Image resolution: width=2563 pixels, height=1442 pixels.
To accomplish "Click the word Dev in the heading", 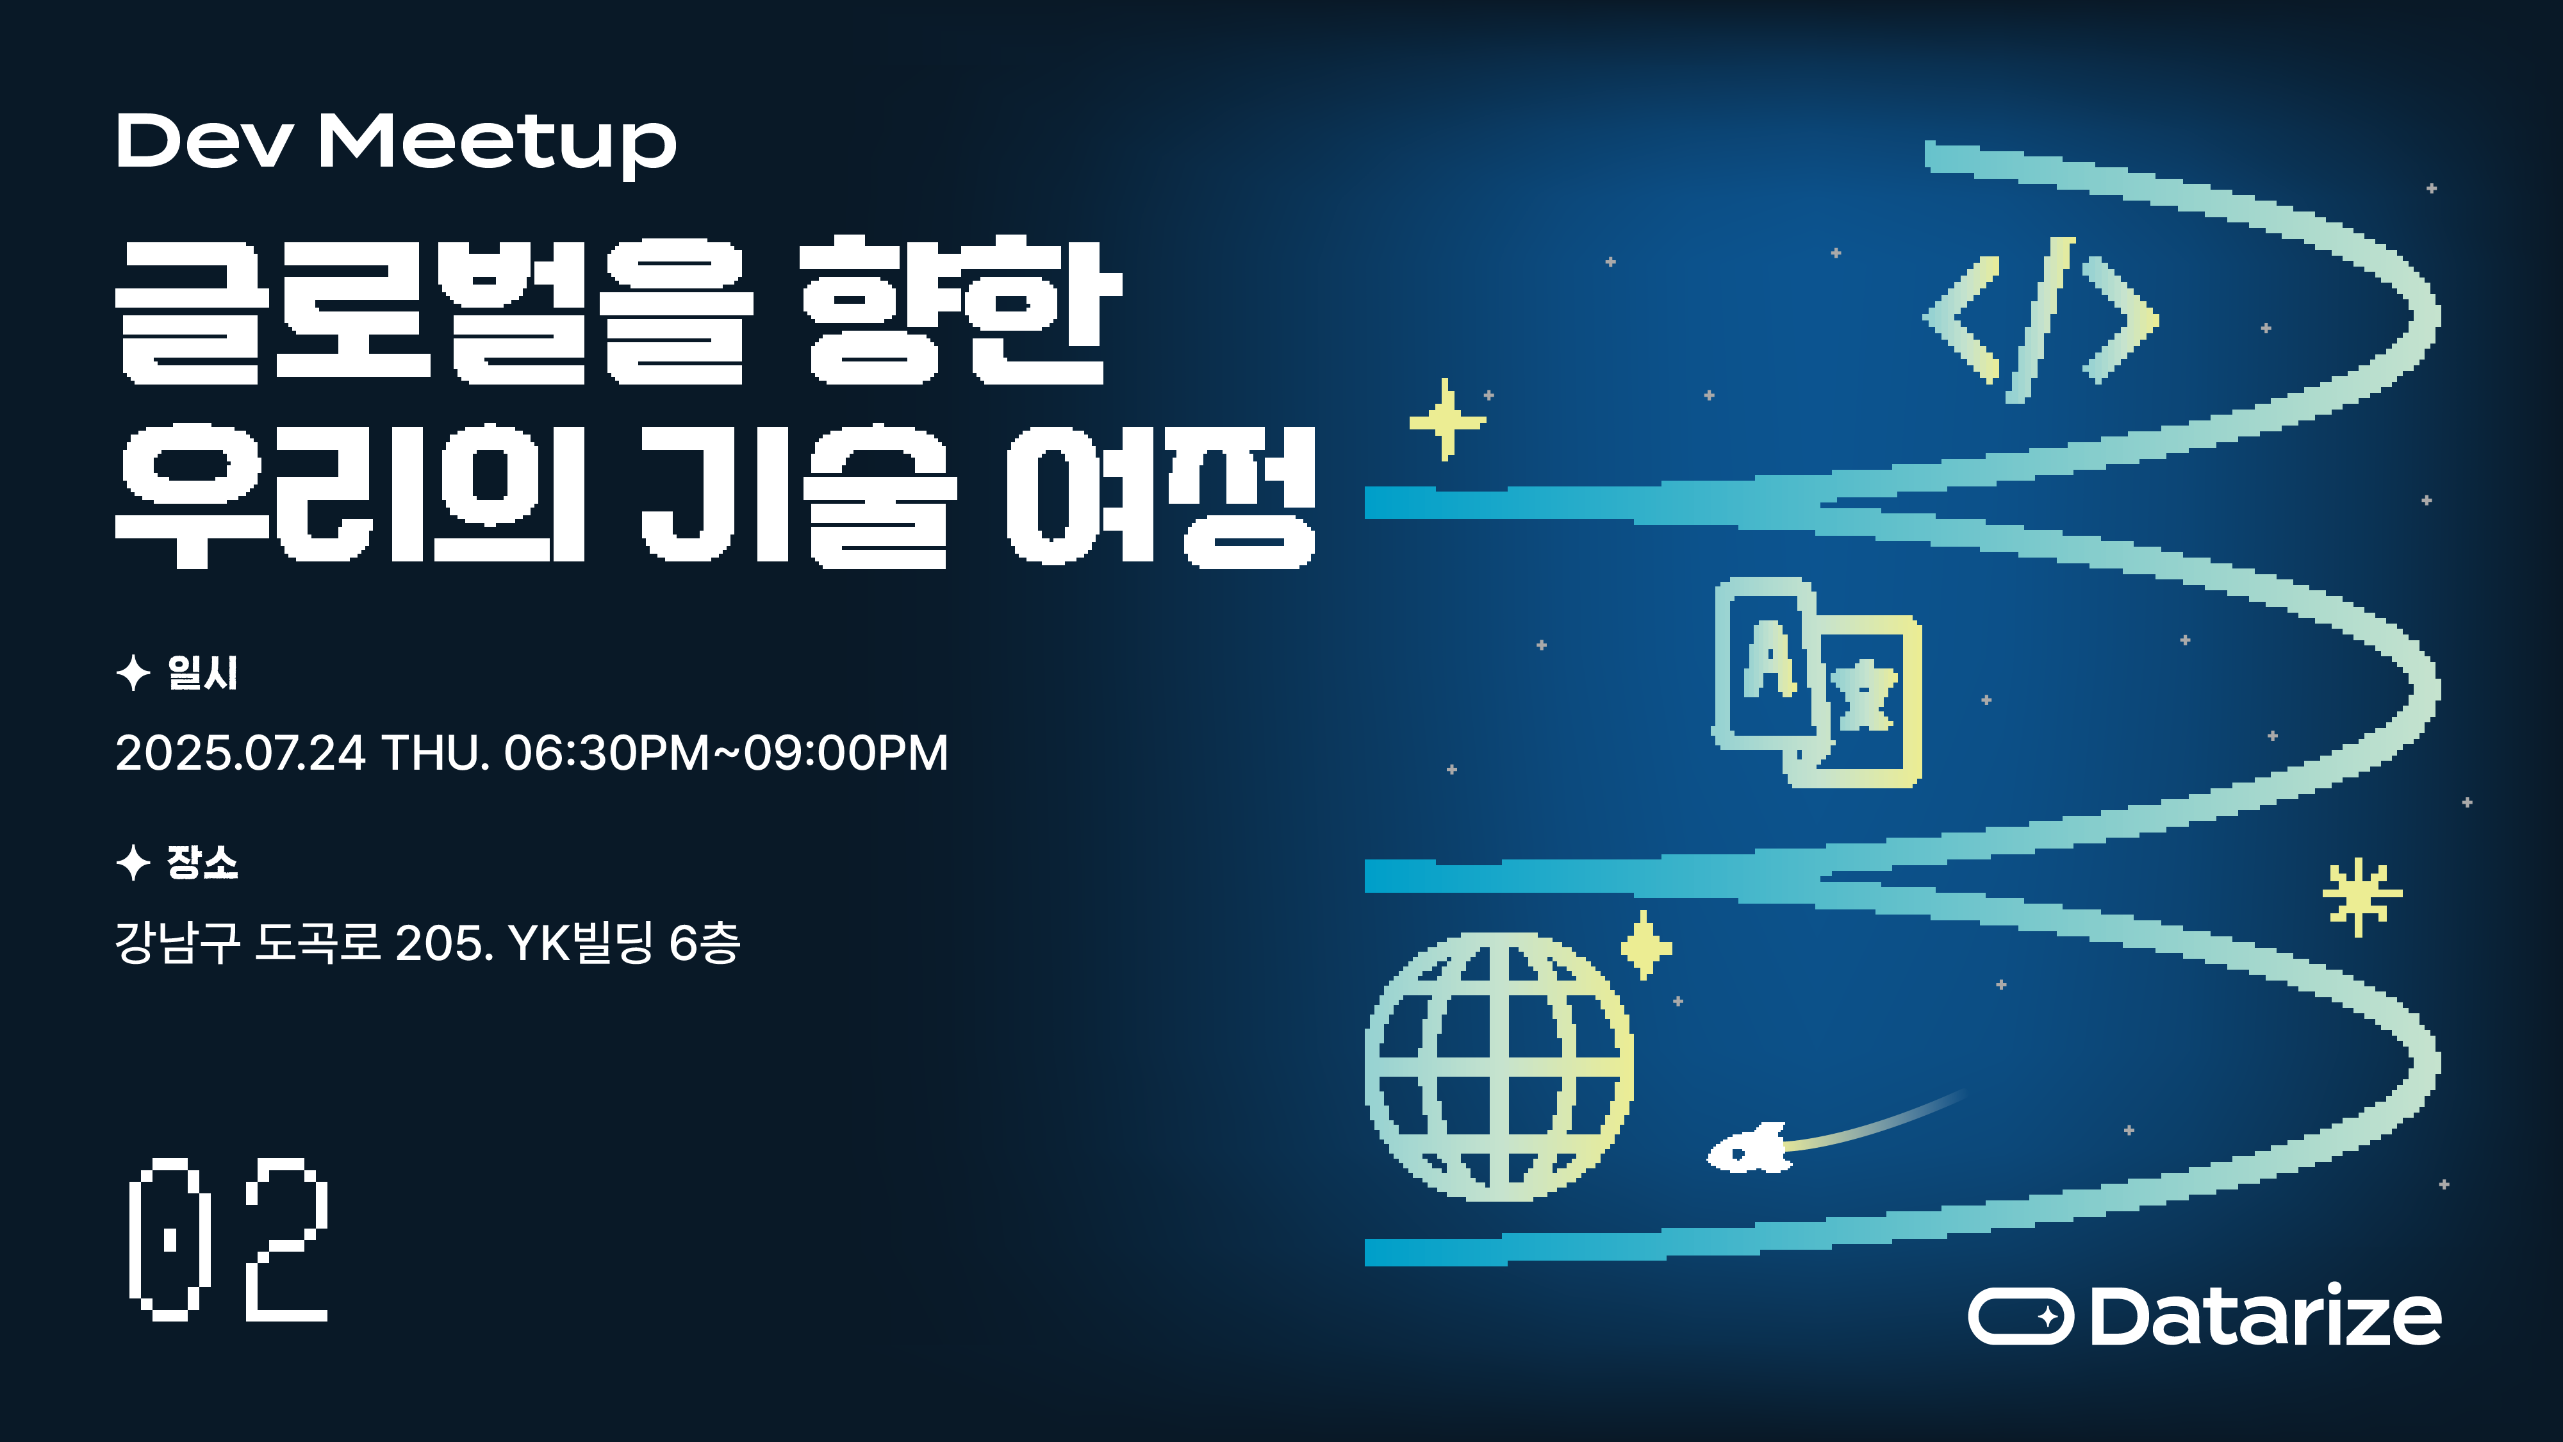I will (x=204, y=141).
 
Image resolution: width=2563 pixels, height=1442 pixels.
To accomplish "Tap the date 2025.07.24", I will (x=241, y=753).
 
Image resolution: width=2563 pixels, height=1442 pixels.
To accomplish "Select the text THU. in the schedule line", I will (x=436, y=753).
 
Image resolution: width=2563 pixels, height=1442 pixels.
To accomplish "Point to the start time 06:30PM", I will (x=606, y=753).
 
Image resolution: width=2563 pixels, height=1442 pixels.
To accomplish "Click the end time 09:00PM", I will (x=846, y=753).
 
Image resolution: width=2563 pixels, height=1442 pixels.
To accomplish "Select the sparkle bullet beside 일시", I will (x=133, y=674).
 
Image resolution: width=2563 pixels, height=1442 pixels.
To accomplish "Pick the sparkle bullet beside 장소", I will (x=133, y=862).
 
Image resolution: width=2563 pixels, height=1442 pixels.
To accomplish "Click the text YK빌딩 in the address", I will (x=580, y=942).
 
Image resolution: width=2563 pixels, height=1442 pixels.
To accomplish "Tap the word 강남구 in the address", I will (x=177, y=942).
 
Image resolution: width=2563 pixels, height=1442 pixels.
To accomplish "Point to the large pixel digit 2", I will (x=286, y=1240).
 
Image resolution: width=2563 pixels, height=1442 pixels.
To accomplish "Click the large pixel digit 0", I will (x=169, y=1240).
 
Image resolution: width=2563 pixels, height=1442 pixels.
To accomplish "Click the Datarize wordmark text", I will (x=2264, y=1316).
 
